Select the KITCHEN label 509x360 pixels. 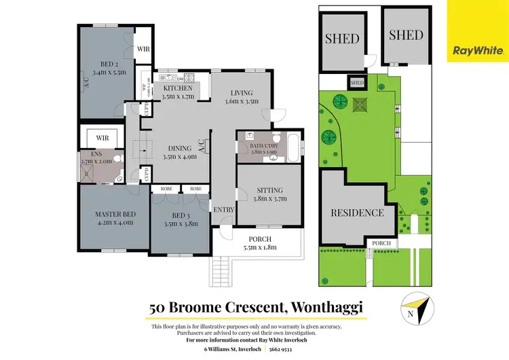click(x=178, y=88)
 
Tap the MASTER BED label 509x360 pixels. click(x=115, y=215)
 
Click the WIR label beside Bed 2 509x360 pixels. click(x=143, y=49)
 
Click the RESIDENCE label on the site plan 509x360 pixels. click(x=356, y=213)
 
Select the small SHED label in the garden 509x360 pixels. click(x=357, y=83)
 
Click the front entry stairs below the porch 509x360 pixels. click(x=222, y=274)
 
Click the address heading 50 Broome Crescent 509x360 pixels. click(x=257, y=307)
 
